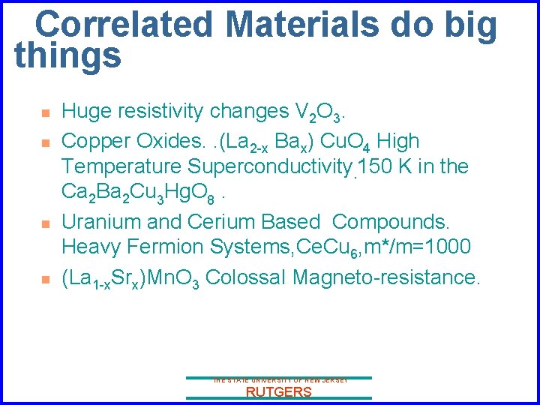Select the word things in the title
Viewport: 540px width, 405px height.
point(67,56)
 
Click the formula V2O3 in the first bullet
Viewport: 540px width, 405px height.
point(318,112)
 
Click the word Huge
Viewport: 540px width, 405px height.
point(83,112)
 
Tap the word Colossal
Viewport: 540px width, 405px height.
point(244,277)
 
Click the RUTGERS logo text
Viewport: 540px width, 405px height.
point(278,392)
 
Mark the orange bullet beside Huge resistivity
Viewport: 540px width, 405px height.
point(45,113)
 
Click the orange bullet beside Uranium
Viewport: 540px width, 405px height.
point(45,223)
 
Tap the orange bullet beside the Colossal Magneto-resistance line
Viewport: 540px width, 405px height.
point(45,279)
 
